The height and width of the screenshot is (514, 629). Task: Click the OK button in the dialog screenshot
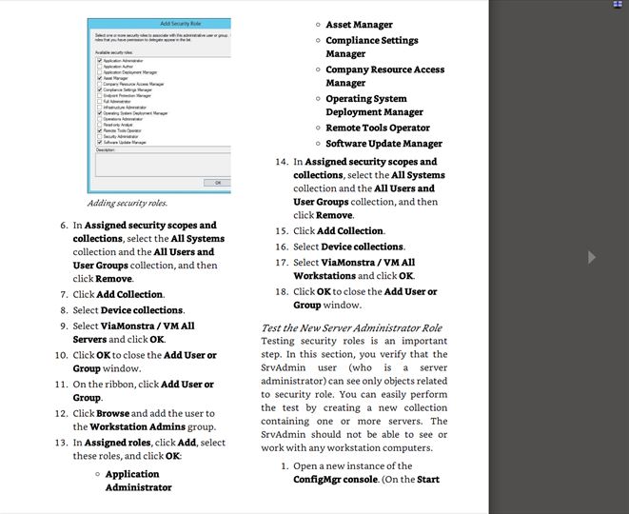217,182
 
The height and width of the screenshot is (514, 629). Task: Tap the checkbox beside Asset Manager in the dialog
100,78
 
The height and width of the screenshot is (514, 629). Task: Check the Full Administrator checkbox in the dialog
100,101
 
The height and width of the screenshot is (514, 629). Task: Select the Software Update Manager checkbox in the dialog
100,142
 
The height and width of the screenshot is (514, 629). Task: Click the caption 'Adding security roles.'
127,203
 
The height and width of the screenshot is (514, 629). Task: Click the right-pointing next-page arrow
591,257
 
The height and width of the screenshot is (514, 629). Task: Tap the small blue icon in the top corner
617,4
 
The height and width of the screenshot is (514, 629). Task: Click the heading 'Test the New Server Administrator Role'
351,327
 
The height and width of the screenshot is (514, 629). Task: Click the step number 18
281,291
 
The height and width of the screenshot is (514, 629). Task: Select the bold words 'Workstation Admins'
137,427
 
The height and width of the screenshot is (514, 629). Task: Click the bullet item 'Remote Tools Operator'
378,128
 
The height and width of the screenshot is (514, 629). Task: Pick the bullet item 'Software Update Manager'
383,144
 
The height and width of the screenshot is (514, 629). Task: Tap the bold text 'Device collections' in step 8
142,310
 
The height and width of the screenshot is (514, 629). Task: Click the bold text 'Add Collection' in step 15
350,231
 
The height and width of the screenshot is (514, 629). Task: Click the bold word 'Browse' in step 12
112,413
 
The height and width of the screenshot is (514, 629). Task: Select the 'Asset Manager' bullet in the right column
359,25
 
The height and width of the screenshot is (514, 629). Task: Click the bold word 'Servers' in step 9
89,339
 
